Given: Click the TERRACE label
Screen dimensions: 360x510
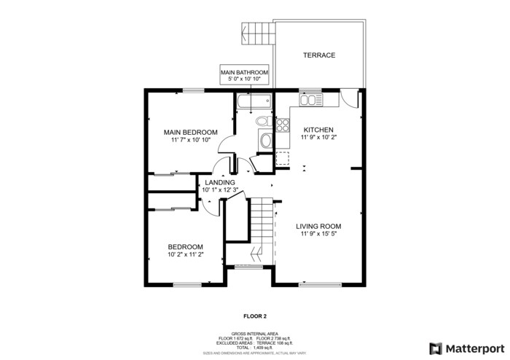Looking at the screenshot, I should click(x=319, y=55).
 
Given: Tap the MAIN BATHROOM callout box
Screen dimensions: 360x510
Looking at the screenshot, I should click(x=245, y=76).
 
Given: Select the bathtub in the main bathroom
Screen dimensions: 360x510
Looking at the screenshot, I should click(x=253, y=102).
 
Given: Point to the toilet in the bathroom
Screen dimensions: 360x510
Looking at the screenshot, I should click(x=264, y=120).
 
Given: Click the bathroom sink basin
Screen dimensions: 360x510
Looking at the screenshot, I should click(x=265, y=141).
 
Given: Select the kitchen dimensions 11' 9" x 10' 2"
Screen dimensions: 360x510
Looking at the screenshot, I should click(x=319, y=137).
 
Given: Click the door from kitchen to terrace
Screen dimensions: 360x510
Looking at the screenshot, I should click(x=351, y=98).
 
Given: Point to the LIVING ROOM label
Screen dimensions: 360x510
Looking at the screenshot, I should click(x=319, y=227).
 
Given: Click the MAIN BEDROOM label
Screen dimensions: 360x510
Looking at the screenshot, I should click(x=190, y=131).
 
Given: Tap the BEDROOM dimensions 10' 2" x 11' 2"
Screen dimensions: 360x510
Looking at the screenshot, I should click(x=185, y=255).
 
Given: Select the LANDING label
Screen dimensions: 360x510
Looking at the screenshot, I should click(x=220, y=182).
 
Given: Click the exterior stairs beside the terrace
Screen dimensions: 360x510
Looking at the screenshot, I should click(x=259, y=32).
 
